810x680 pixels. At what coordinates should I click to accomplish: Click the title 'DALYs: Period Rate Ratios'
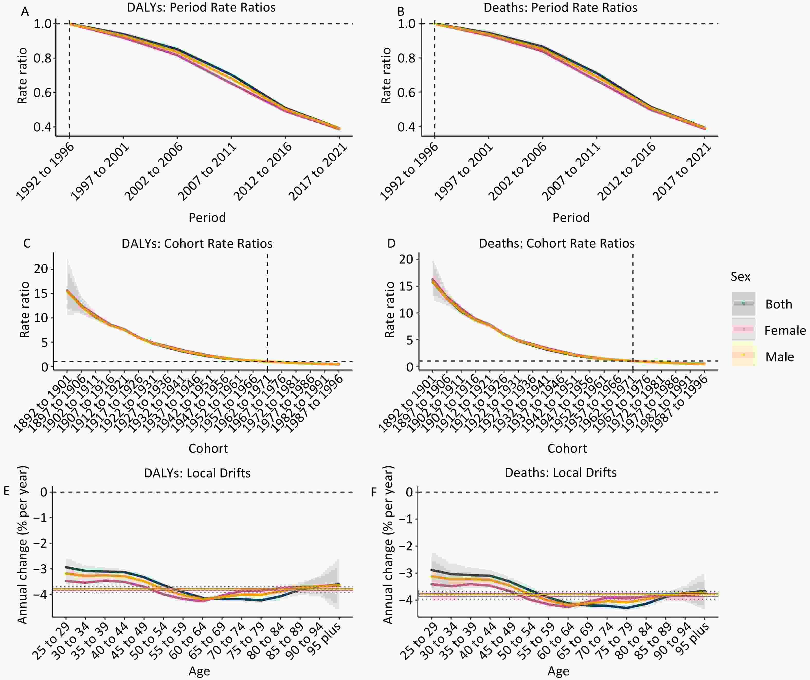click(x=201, y=8)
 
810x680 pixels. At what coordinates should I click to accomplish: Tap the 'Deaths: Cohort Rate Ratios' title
click(x=556, y=243)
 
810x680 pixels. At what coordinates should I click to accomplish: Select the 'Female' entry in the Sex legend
click(x=785, y=331)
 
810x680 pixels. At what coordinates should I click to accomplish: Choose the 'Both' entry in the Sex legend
click(x=779, y=304)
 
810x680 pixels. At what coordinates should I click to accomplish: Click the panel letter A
click(x=25, y=12)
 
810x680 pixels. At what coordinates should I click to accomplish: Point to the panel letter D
click(x=391, y=243)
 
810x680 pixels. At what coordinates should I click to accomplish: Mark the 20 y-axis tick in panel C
click(x=41, y=269)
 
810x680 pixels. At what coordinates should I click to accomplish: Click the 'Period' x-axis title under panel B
click(x=571, y=217)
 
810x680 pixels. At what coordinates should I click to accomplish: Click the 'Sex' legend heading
click(x=740, y=277)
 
